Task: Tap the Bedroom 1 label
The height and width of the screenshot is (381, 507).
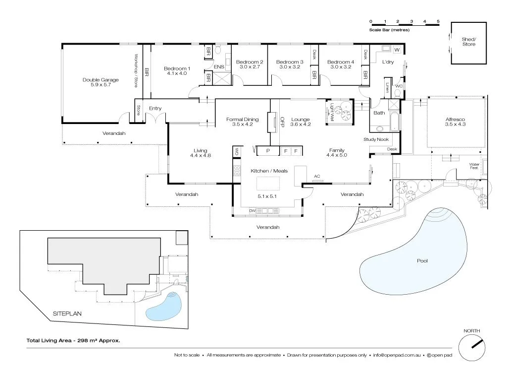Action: pyautogui.click(x=177, y=68)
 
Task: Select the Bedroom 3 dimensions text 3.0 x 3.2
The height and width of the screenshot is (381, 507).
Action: pyautogui.click(x=290, y=67)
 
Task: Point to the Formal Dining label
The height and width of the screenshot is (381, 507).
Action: pyautogui.click(x=242, y=119)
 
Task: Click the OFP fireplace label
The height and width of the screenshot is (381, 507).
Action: pyautogui.click(x=283, y=122)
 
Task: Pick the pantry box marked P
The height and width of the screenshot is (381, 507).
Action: pyautogui.click(x=267, y=150)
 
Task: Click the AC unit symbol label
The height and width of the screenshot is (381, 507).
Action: pyautogui.click(x=317, y=176)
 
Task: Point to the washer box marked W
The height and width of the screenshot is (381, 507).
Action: pyautogui.click(x=397, y=50)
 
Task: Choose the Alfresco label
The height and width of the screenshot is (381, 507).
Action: pyautogui.click(x=455, y=120)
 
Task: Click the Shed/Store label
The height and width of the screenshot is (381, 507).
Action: pyautogui.click(x=468, y=42)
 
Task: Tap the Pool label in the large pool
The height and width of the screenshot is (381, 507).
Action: pyautogui.click(x=422, y=261)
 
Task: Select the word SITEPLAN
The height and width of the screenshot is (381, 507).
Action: pyautogui.click(x=67, y=314)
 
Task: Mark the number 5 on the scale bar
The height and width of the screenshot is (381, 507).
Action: pyautogui.click(x=438, y=21)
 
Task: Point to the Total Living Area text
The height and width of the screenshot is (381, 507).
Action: pyautogui.click(x=73, y=341)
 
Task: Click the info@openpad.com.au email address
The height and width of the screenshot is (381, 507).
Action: pyautogui.click(x=397, y=355)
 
